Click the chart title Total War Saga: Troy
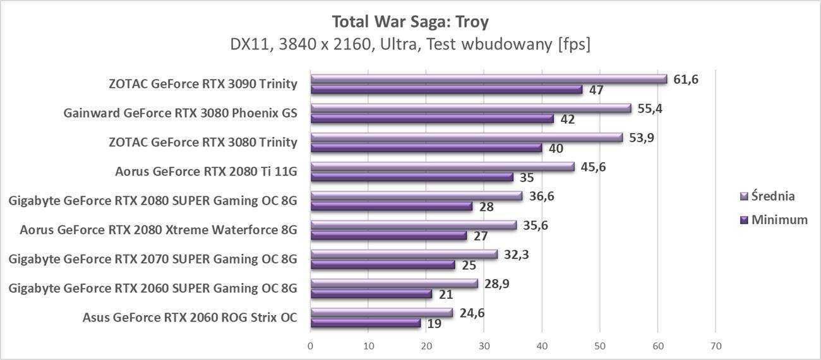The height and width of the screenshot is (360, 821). [x=410, y=21]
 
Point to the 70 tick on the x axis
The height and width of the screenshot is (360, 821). [x=716, y=346]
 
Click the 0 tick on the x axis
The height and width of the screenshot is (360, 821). [x=310, y=346]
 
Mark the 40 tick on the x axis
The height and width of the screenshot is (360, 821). [x=542, y=346]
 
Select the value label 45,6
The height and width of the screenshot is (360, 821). [x=593, y=167]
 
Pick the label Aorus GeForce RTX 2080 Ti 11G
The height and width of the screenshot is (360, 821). [x=206, y=171]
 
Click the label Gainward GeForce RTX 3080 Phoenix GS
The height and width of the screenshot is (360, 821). [x=180, y=113]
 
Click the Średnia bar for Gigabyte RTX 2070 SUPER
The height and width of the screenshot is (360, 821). [x=404, y=255]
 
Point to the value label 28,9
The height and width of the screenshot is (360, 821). [x=496, y=284]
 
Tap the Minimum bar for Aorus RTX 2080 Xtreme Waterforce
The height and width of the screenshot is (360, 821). [x=388, y=236]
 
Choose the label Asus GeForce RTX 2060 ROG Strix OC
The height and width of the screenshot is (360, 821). [x=189, y=317]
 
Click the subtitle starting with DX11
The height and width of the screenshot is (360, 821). [x=410, y=45]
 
